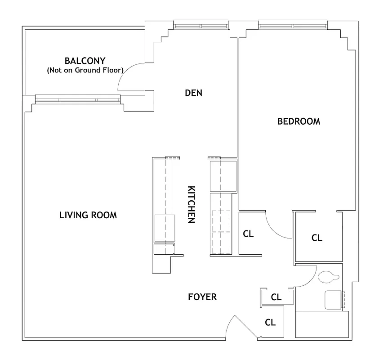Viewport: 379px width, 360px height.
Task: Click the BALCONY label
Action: pos(85,60)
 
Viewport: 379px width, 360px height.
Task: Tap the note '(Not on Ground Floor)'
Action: pos(85,70)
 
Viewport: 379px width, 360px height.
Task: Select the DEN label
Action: pos(194,93)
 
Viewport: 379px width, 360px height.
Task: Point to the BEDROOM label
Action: pos(299,121)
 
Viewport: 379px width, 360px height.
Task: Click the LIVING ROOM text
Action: pos(88,215)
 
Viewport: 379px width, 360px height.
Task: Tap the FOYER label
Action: pos(202,297)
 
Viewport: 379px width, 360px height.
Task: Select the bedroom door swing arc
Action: pos(275,229)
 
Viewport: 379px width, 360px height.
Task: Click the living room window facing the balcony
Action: pos(77,99)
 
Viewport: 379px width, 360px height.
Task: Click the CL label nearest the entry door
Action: pos(270,322)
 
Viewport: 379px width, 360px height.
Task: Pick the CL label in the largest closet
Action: pos(317,238)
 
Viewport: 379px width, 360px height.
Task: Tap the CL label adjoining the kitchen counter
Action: pos(248,234)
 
